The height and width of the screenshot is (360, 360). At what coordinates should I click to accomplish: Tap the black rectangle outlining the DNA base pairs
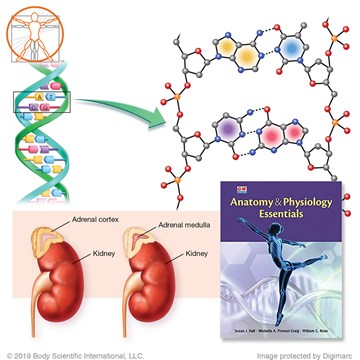[x=34, y=103]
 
